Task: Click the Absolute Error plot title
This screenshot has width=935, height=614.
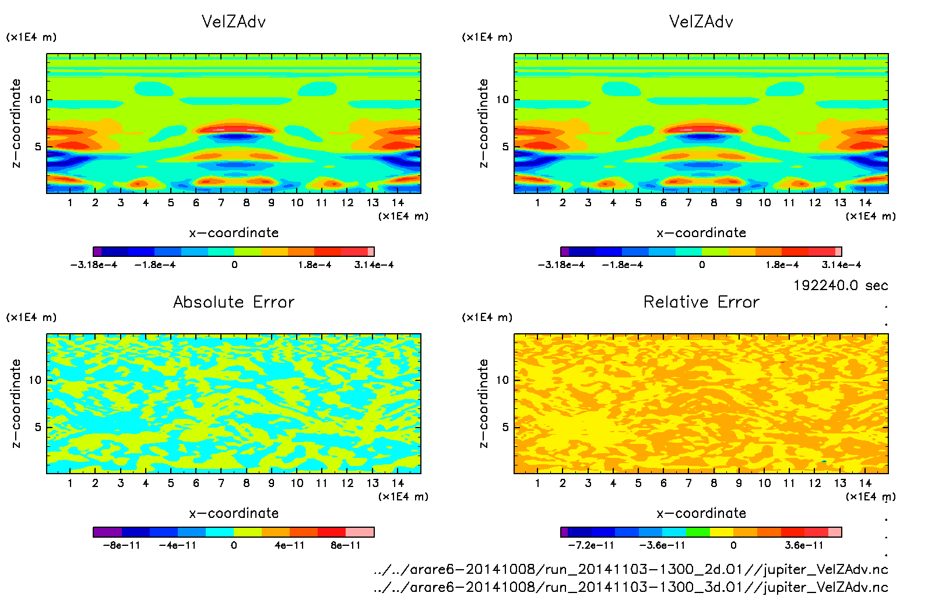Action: (234, 302)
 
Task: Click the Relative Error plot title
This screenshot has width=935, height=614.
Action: (701, 302)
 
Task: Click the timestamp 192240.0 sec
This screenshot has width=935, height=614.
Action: (841, 285)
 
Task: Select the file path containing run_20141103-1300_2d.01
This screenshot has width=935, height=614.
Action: (631, 570)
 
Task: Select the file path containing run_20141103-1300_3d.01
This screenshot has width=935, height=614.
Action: (631, 587)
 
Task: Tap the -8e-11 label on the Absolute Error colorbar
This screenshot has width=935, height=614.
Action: (121, 546)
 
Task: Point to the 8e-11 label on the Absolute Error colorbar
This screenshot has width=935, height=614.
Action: (346, 546)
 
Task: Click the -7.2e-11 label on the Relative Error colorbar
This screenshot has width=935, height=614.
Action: (591, 546)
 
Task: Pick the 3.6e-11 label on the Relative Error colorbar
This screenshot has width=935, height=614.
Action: (804, 546)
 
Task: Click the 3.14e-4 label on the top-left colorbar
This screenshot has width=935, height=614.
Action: (374, 265)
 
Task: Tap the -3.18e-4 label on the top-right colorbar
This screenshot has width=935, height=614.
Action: (561, 265)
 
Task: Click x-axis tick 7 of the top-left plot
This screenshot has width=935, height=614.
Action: (221, 203)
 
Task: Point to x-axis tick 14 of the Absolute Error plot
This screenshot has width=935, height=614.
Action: (398, 483)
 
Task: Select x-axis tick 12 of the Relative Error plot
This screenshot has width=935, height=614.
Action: (815, 483)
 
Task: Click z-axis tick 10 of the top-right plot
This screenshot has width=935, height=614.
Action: (502, 100)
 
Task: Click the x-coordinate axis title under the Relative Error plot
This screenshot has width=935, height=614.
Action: (701, 513)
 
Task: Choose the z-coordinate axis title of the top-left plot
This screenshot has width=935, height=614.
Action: (16, 123)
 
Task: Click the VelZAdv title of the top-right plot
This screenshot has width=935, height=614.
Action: (701, 22)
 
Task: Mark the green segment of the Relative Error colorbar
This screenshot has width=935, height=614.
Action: (698, 532)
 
